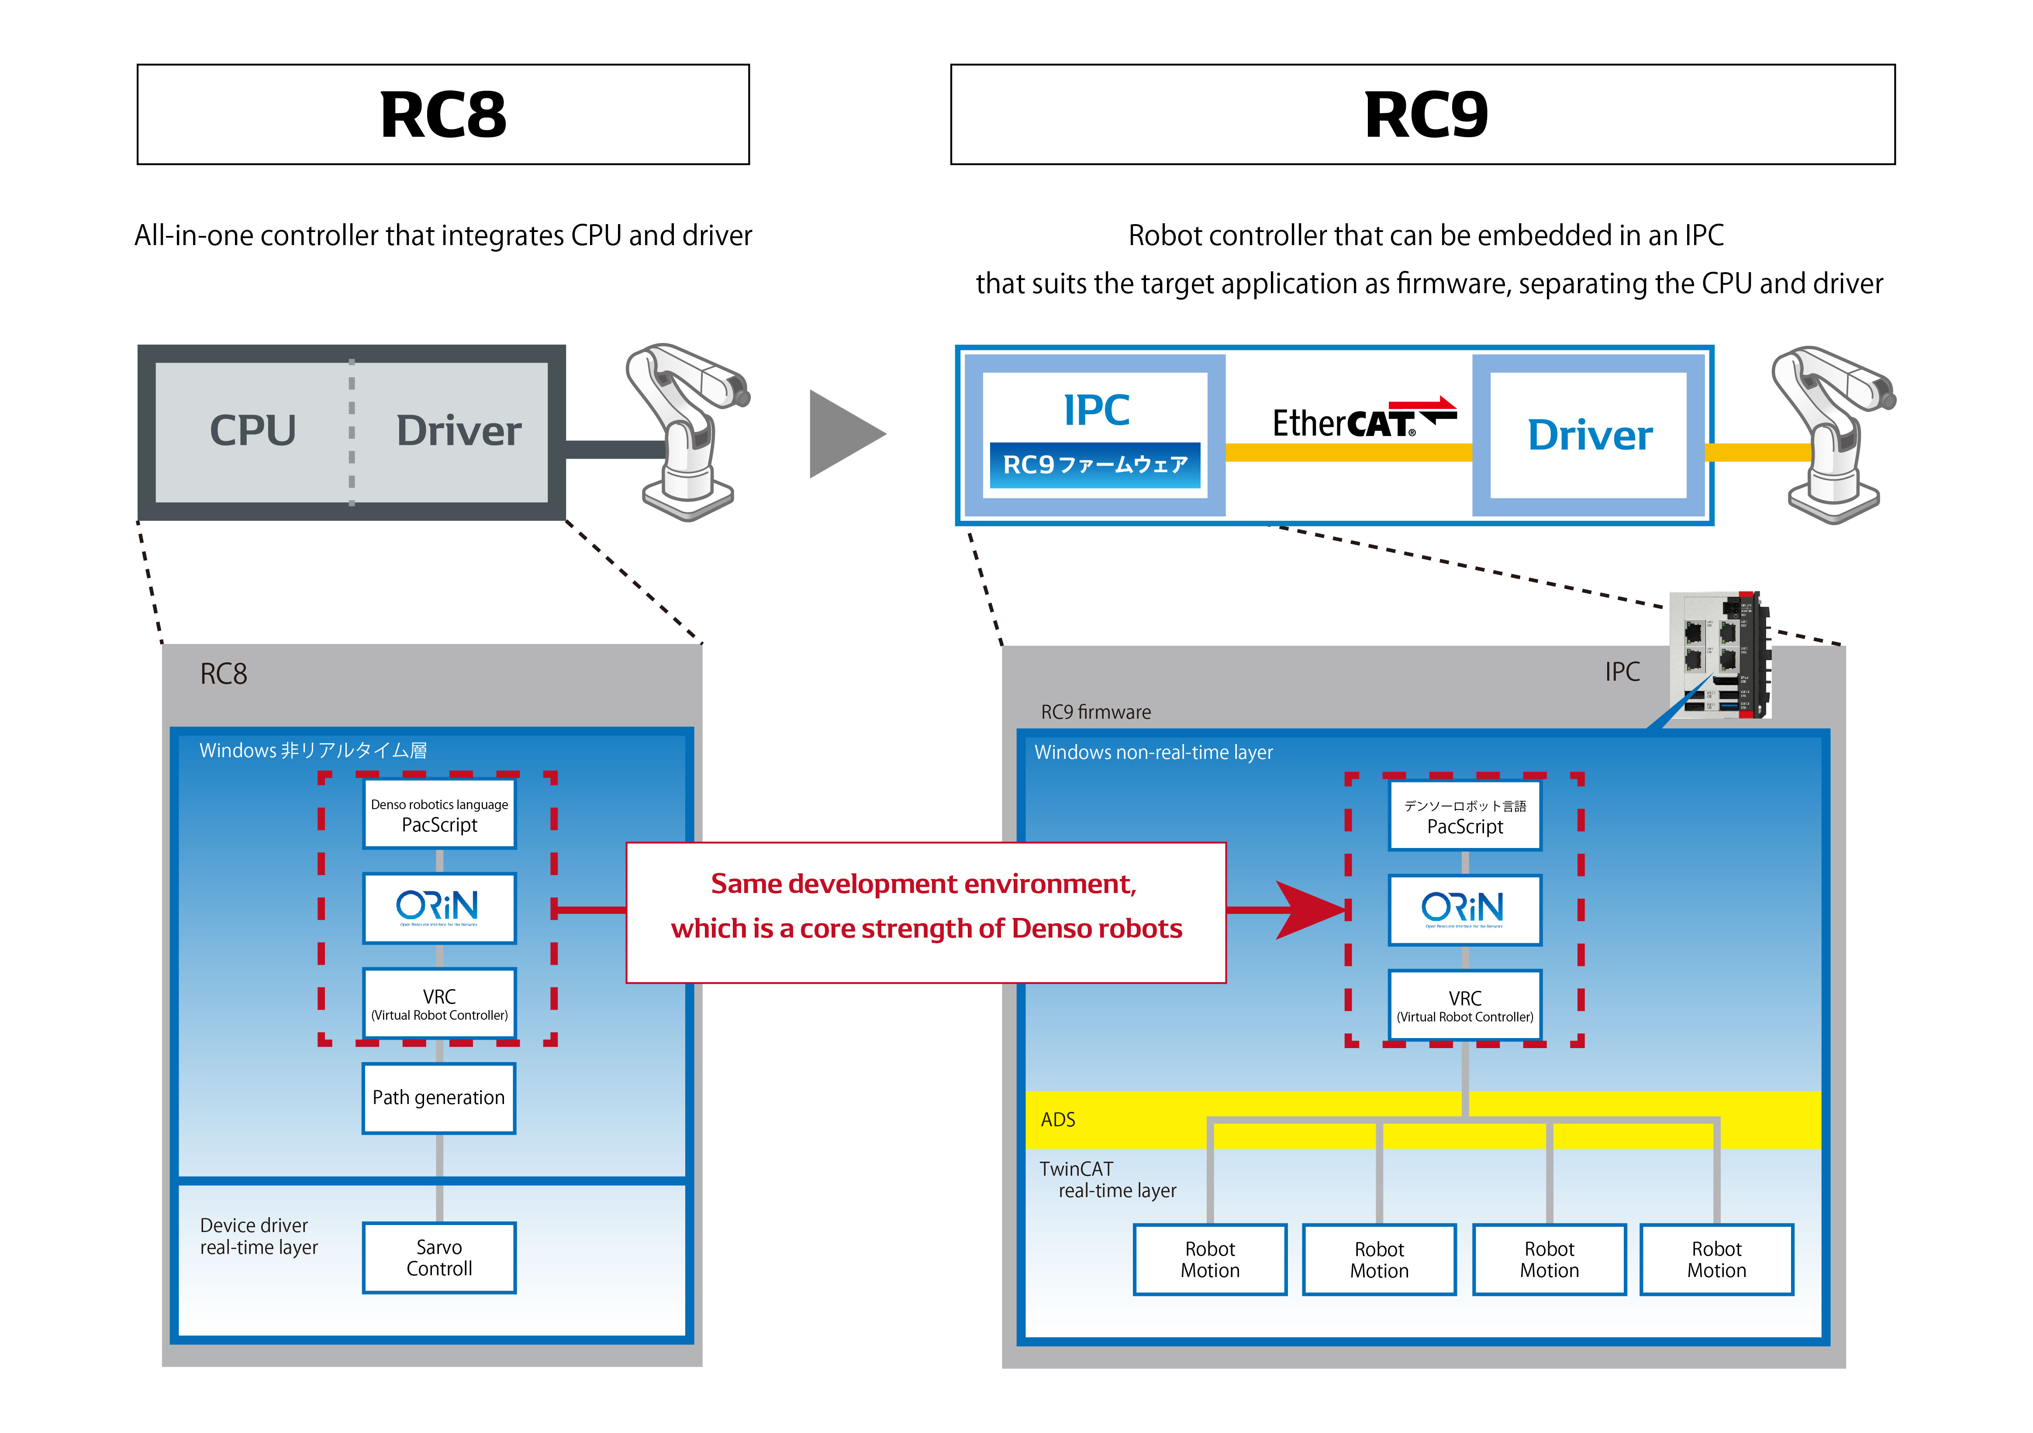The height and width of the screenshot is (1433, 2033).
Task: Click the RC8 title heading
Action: pos(443,115)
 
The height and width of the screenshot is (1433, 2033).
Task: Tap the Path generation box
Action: pos(439,1098)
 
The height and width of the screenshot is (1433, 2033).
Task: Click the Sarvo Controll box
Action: pos(439,1258)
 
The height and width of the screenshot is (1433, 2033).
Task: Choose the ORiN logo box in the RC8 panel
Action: pos(439,908)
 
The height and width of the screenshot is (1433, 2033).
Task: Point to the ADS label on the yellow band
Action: pos(1058,1119)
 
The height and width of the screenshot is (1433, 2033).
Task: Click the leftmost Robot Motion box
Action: pos(1209,1260)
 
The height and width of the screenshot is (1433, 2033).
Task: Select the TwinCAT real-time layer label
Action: pos(1107,1180)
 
